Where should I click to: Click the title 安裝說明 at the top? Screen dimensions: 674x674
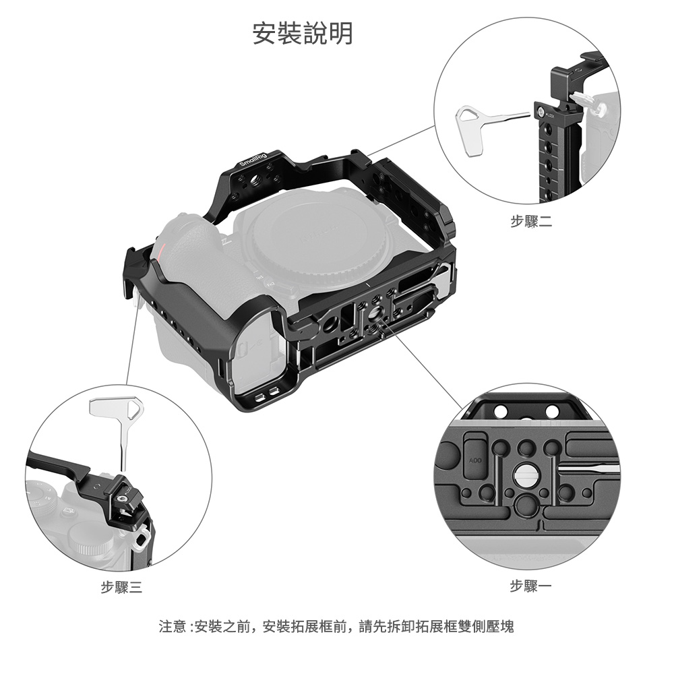click(302, 33)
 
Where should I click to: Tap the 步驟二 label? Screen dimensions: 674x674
click(531, 221)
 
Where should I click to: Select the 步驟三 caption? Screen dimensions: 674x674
click(121, 587)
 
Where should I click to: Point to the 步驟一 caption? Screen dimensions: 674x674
click(530, 586)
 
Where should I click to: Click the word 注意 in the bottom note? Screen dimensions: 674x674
click(173, 626)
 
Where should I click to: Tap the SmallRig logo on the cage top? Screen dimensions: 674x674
click(253, 160)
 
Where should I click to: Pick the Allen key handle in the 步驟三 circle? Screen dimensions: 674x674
click(117, 408)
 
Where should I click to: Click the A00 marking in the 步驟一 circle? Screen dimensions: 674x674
click(475, 461)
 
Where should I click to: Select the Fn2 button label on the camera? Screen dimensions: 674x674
click(271, 284)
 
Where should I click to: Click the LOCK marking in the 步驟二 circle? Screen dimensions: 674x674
click(551, 115)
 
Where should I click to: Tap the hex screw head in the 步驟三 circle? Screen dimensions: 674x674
click(122, 499)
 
